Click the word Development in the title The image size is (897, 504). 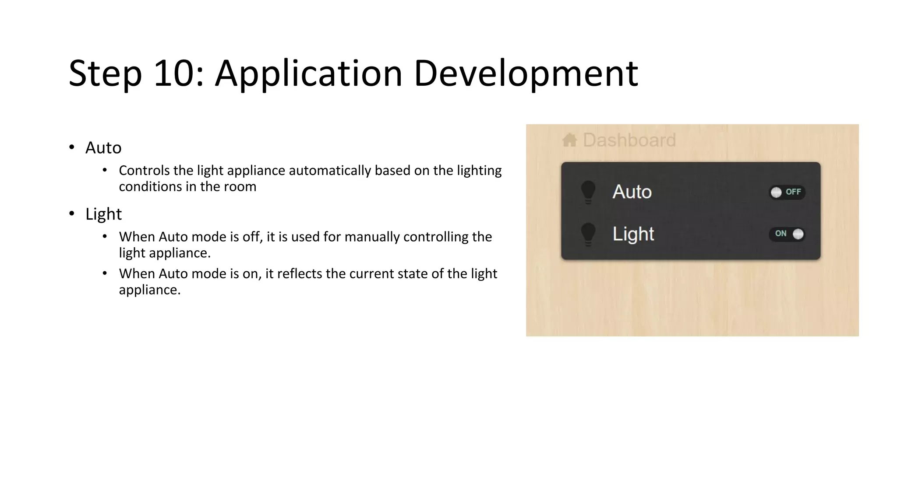526,73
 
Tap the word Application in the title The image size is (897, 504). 308,73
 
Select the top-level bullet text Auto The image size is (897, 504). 103,148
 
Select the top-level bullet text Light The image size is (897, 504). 103,214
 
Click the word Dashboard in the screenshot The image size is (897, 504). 629,140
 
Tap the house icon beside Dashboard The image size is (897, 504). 570,140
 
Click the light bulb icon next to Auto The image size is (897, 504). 588,192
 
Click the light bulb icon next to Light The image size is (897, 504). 588,234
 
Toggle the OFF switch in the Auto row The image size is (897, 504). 787,192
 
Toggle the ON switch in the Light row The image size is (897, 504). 787,234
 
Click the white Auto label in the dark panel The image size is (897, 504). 632,192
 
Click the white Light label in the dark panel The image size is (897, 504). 633,234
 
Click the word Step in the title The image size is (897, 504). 105,73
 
